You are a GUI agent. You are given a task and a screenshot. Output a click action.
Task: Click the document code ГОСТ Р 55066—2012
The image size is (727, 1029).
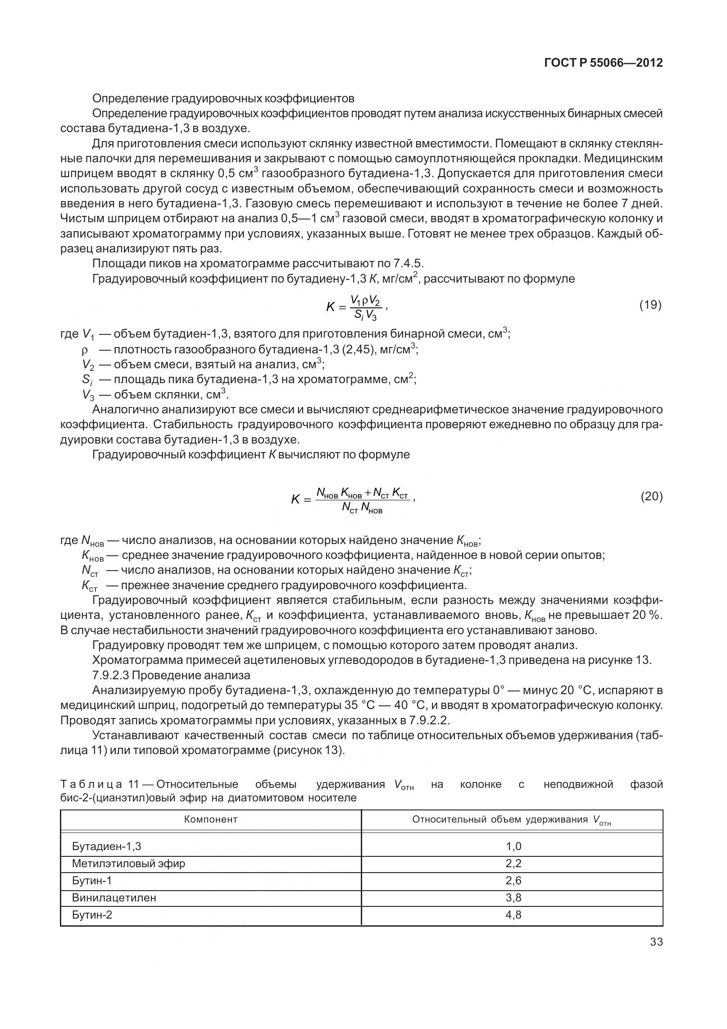603,63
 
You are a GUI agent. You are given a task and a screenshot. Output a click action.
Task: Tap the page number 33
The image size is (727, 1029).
656,942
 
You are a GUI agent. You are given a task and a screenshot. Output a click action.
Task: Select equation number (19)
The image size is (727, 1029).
650,306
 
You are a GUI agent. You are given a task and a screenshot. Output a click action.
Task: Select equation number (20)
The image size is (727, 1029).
651,497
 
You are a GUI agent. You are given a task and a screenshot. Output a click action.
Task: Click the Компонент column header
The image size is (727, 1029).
210,819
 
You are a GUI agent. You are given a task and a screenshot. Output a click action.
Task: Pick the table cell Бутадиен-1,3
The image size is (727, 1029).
106,846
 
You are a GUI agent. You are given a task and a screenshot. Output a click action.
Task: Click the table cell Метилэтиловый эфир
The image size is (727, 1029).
128,863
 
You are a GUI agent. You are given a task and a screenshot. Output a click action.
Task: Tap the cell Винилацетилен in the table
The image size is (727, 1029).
114,897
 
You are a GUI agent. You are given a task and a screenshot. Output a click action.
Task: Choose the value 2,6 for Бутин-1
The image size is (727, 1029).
513,880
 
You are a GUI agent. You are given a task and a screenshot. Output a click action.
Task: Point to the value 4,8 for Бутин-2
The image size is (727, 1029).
513,915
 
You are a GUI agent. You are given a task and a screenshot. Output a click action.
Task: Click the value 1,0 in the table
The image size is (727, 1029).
513,846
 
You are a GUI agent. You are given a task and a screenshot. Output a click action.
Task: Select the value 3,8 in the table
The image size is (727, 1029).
513,897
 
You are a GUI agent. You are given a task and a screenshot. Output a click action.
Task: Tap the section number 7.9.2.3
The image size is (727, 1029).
110,675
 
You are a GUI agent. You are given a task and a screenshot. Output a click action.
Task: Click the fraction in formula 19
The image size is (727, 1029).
366,308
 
